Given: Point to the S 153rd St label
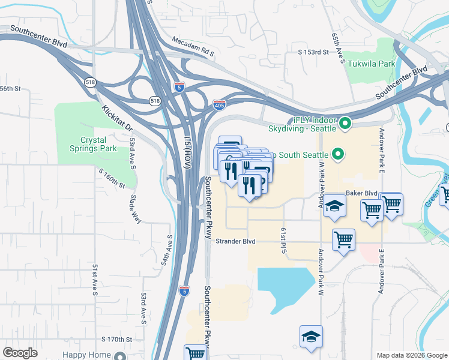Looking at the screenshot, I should (314, 53).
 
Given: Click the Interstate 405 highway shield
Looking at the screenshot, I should (219, 105).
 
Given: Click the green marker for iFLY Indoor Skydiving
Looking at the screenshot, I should (345, 124).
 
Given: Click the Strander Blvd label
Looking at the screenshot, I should (235, 241).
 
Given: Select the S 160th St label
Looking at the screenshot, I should (112, 178).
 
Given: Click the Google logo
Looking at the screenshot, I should (20, 353).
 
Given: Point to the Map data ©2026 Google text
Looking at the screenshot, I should (411, 355).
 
